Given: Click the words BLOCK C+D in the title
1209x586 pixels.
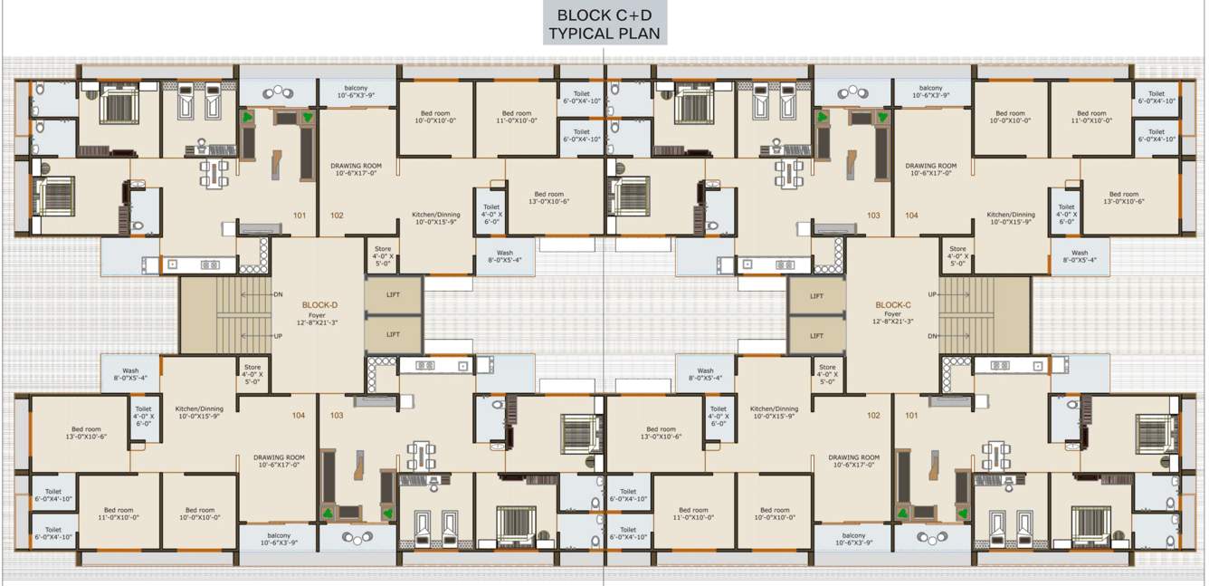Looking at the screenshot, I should tap(604, 15).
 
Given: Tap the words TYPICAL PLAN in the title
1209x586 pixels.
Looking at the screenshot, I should tap(604, 34).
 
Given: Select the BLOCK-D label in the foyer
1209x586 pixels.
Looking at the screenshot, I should tap(319, 305).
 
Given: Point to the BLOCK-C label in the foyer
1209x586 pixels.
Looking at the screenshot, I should tap(891, 305).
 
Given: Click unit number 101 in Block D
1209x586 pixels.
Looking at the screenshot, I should tap(300, 216).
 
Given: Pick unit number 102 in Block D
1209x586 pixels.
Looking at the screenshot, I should tap(337, 216).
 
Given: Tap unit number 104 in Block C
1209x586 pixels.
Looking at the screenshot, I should tap(911, 216).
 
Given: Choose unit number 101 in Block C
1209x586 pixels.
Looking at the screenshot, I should tap(911, 416).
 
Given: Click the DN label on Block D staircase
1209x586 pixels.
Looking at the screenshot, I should tap(278, 294).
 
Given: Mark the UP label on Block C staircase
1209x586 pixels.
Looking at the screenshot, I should tap(932, 294).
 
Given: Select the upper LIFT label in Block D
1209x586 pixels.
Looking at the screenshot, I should tap(394, 296).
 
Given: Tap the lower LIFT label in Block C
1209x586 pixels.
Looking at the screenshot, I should tap(816, 335).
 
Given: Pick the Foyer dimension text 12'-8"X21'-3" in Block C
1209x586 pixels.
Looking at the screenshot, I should tap(891, 321).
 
